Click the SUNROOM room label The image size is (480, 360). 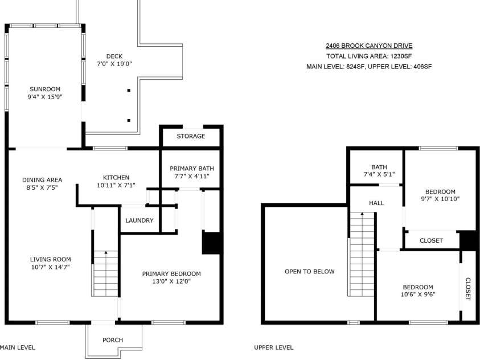(x=45, y=89)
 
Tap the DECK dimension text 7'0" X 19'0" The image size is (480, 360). (x=114, y=64)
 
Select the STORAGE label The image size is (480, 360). (x=191, y=136)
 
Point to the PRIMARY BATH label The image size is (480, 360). (x=192, y=169)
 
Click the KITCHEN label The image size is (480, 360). (x=116, y=178)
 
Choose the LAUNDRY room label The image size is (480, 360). (x=140, y=220)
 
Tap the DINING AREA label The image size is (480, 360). (x=42, y=180)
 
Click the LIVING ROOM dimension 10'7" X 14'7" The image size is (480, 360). (x=51, y=267)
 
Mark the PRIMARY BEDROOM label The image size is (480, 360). (x=171, y=273)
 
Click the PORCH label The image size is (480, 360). (x=113, y=340)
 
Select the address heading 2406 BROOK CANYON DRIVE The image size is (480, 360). (x=369, y=46)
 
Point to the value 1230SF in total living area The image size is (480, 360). (x=401, y=56)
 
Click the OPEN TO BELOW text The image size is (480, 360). (x=310, y=272)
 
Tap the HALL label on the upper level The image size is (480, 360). (x=376, y=203)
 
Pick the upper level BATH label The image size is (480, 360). (x=379, y=167)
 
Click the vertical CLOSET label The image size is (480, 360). (x=468, y=289)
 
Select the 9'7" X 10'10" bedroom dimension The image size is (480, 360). (x=440, y=199)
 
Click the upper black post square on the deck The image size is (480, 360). (x=129, y=91)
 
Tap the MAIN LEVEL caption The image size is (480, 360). (x=18, y=348)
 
